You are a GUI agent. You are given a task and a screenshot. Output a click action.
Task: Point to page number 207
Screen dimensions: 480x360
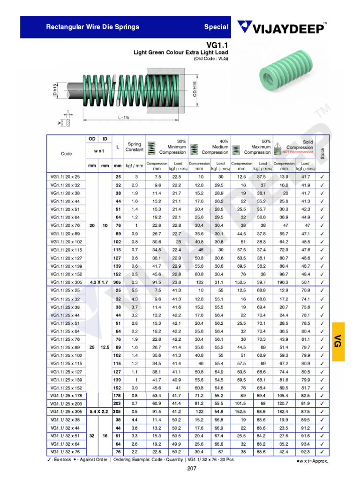coord(192,469)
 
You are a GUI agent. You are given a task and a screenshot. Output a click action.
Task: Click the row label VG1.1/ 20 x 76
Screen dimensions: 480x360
coord(65,225)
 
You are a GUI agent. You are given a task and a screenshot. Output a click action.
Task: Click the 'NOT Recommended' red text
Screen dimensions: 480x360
coord(299,152)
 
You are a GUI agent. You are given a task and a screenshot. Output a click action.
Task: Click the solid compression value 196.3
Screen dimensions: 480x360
coord(284,282)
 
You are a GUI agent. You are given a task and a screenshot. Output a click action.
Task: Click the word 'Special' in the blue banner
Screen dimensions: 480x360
coord(216,27)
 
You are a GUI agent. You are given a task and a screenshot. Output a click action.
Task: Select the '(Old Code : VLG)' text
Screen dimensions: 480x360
coord(211,59)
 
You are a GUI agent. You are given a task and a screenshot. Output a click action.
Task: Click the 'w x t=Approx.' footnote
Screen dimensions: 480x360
coord(312,461)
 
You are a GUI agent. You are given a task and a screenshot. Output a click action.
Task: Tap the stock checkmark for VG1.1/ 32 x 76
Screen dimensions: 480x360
coord(322,452)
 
